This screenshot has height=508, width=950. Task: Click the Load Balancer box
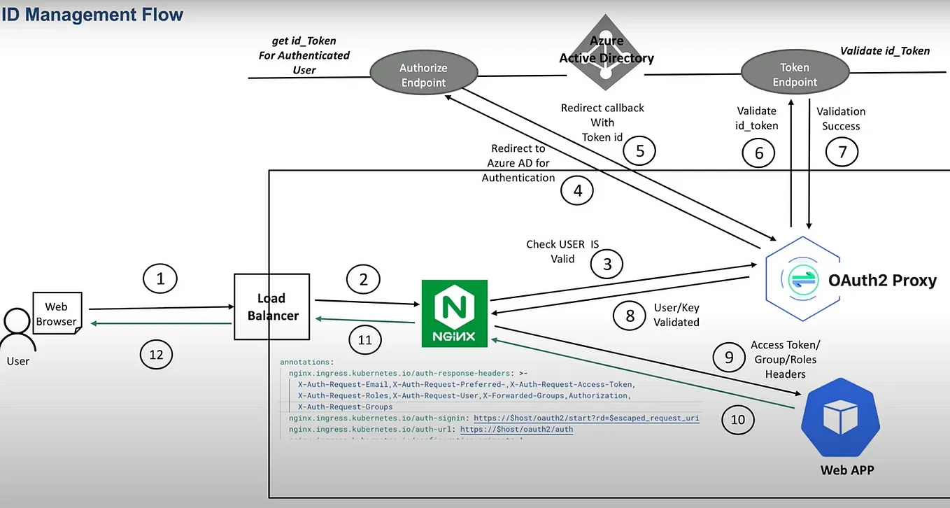(x=271, y=306)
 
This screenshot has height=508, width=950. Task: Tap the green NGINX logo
(x=455, y=313)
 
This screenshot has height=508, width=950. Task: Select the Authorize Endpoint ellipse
(x=423, y=76)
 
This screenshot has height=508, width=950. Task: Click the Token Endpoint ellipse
(x=794, y=75)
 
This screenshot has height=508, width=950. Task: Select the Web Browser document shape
(x=57, y=313)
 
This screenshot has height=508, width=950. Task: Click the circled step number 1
(x=160, y=279)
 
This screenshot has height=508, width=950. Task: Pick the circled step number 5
(x=639, y=150)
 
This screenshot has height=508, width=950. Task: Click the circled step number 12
(x=155, y=354)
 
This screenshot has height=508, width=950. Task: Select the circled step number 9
(x=729, y=358)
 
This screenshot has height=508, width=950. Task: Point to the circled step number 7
(x=842, y=152)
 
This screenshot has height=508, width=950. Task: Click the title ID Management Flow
(x=92, y=14)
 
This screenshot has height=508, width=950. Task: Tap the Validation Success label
(x=841, y=119)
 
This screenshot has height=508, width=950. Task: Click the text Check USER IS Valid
(x=562, y=252)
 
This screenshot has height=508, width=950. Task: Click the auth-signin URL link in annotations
(x=586, y=418)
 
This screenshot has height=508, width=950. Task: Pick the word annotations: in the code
(x=306, y=362)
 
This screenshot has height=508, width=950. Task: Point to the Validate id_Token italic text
(x=884, y=50)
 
